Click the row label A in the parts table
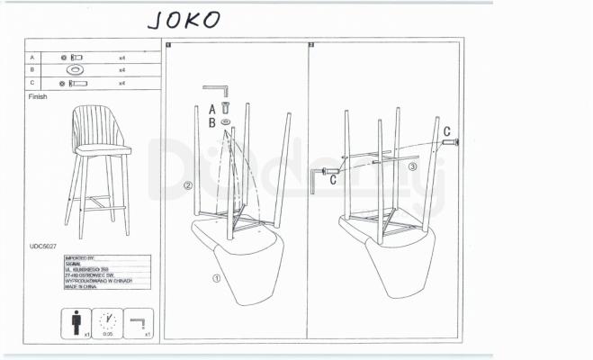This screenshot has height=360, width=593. coord(31,57)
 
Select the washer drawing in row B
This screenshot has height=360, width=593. coord(76,69)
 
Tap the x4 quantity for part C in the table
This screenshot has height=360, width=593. coord(121,83)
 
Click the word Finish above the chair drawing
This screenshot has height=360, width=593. coord(38,96)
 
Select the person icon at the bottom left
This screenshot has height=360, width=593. coord(76,322)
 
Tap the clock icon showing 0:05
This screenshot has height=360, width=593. coord(107,322)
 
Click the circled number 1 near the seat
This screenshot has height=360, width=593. coord(216,279)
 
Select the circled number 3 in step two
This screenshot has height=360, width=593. coord(413,166)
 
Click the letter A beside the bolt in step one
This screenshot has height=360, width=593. coord(212,108)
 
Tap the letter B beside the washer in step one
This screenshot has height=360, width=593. coord(212,121)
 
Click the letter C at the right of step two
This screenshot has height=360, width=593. coord(447,130)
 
